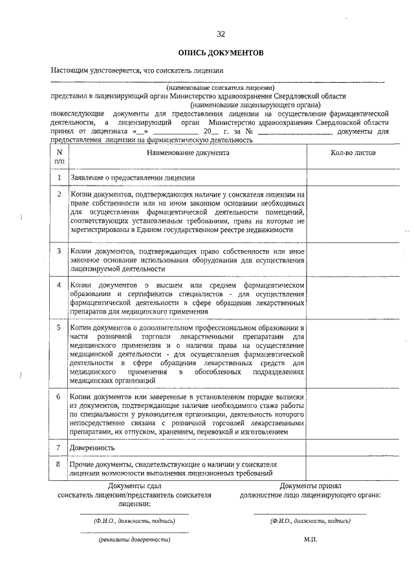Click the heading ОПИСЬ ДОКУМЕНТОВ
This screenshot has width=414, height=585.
[221, 52]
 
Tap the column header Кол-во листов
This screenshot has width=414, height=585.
[353, 153]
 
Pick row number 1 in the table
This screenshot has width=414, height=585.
[60, 177]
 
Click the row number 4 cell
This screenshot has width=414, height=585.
[60, 284]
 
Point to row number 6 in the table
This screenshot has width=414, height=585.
[60, 396]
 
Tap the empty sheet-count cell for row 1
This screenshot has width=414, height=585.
[353, 177]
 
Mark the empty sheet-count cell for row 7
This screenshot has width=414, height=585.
[353, 447]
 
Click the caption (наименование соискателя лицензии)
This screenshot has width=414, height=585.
[220, 87]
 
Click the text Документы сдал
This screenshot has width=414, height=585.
[135, 485]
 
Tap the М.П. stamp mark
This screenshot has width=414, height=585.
[310, 538]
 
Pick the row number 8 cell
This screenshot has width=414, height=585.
[60, 464]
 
